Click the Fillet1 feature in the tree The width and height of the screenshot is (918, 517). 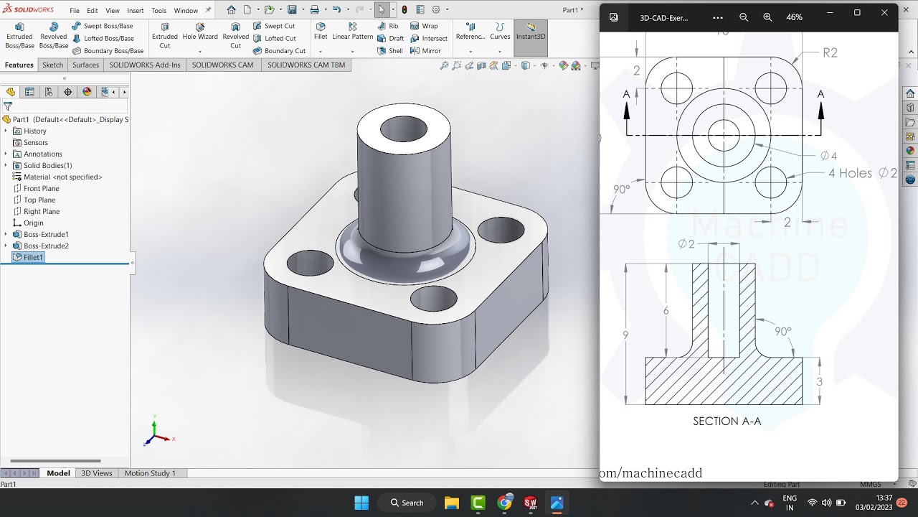[33, 257]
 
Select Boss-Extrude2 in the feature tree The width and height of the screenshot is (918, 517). [46, 246]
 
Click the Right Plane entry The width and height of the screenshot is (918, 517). [41, 211]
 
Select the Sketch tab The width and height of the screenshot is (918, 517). [52, 65]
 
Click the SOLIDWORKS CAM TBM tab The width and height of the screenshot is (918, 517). [306, 65]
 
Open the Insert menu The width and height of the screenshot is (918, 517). [135, 11]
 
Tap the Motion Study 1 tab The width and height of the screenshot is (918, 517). [150, 473]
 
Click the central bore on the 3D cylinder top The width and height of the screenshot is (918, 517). [404, 129]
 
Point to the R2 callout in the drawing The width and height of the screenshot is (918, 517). [830, 52]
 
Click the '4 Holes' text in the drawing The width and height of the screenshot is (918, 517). [850, 173]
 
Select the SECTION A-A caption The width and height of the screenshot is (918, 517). [727, 421]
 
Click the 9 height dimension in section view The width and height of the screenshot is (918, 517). [626, 335]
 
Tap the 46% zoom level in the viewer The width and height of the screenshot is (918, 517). [794, 17]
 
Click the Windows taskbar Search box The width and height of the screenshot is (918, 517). [407, 503]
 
